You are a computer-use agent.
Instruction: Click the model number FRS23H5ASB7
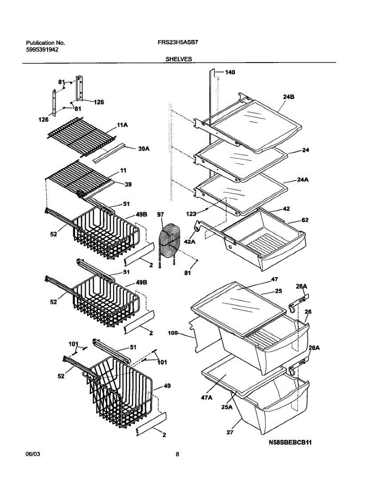click(176, 42)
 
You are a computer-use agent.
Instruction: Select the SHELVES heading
click(178, 59)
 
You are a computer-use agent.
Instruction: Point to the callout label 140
click(230, 73)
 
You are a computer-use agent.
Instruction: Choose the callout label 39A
click(144, 148)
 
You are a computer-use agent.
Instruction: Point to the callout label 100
click(173, 334)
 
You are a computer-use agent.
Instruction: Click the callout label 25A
click(227, 407)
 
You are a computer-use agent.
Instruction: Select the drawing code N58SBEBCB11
click(290, 442)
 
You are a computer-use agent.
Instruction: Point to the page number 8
click(177, 454)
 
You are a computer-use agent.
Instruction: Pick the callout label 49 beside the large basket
click(167, 386)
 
